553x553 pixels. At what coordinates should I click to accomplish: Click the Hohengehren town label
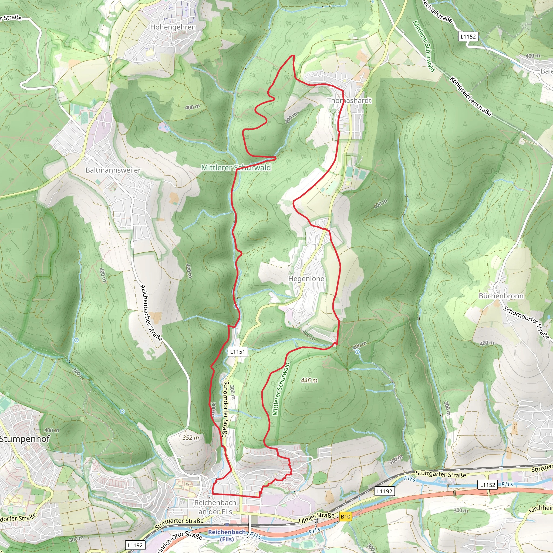coord(173,27)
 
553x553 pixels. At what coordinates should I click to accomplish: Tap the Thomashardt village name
coord(349,100)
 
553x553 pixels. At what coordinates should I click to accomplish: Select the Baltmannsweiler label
coord(113,170)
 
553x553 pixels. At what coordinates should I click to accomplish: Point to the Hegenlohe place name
coord(306,278)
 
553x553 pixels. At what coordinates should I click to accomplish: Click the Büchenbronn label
coord(501,296)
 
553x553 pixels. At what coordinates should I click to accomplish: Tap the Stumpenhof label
coord(25,439)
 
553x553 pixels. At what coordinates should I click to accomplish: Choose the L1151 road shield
coord(238,352)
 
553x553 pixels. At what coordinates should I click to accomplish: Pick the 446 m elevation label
coord(309,380)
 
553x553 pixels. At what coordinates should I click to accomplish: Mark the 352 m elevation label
coord(191,437)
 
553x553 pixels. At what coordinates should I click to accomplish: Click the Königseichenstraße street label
coord(471,96)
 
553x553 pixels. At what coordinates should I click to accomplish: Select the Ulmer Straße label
coord(316,518)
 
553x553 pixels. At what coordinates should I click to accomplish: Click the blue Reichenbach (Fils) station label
coord(227,535)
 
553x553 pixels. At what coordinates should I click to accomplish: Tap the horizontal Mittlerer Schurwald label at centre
coord(236,167)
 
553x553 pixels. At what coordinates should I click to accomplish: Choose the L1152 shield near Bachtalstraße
coord(468,37)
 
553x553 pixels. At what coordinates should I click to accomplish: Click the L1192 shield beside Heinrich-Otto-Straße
coord(135,545)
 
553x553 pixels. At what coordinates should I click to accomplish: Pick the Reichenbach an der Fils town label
coord(215,507)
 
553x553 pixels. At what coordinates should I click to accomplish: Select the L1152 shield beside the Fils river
coord(488,485)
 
